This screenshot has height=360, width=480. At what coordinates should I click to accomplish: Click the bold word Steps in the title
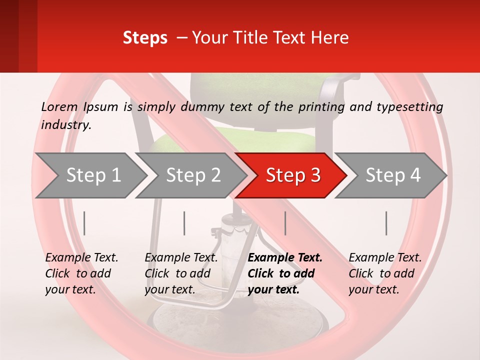point(145,37)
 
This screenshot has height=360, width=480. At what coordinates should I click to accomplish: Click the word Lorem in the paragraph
point(59,106)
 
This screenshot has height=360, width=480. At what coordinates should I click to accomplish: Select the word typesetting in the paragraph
point(407,106)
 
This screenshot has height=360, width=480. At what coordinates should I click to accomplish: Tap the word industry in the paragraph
point(66,124)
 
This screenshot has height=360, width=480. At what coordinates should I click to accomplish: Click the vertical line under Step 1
point(84,223)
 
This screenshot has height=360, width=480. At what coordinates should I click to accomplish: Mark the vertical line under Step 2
point(184,223)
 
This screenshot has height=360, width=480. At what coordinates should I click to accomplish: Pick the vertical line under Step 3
point(285,223)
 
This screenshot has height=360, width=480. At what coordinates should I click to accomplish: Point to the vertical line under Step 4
point(386,223)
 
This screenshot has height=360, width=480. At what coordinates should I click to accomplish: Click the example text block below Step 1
point(81,273)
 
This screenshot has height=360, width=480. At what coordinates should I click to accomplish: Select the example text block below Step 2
point(181,273)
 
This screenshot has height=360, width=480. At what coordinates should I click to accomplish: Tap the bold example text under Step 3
point(285,273)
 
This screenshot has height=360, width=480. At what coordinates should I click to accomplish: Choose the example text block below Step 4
point(385,273)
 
